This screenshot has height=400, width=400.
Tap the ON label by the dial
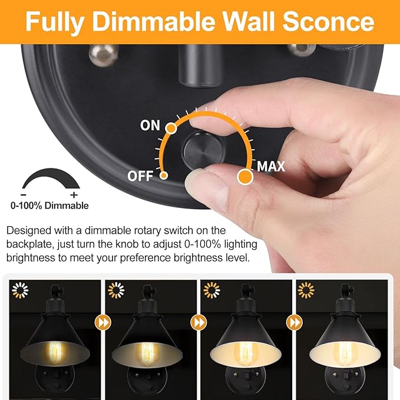(150, 125)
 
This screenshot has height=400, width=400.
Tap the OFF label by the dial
(140, 176)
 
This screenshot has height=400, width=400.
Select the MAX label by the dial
(270, 167)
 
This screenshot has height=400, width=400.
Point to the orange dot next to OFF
(164, 175)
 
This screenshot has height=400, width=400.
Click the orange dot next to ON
(171, 127)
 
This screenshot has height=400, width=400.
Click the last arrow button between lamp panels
(293, 323)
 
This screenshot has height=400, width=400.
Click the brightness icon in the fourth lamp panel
(306, 290)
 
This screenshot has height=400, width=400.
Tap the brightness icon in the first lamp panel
(21, 290)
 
